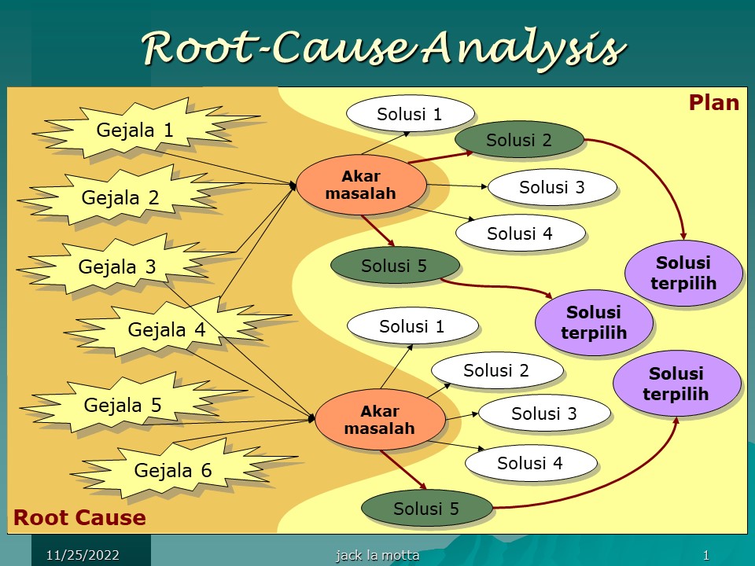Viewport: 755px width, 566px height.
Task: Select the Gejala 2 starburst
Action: tap(123, 197)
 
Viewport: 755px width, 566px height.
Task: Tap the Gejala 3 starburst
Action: tap(120, 266)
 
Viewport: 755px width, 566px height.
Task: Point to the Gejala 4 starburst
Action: tap(168, 329)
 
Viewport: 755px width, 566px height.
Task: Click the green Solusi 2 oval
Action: tap(519, 140)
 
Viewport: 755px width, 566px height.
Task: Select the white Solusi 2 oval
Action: tap(497, 370)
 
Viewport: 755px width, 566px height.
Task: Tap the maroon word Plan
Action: tap(713, 103)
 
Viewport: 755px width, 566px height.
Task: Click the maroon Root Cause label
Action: tap(79, 518)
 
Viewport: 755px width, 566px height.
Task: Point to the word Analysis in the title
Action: tap(524, 49)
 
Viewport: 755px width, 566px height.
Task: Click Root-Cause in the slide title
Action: tap(279, 48)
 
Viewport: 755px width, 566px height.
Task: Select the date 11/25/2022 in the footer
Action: tap(83, 556)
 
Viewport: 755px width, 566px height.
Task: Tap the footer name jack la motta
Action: tap(377, 556)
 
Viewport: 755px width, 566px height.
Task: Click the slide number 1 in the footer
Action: tap(706, 556)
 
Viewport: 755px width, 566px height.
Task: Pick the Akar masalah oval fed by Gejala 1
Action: tap(361, 185)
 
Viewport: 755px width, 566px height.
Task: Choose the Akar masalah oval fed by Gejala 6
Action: tap(380, 420)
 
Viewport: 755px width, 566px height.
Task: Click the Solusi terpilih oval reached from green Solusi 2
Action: tap(683, 273)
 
